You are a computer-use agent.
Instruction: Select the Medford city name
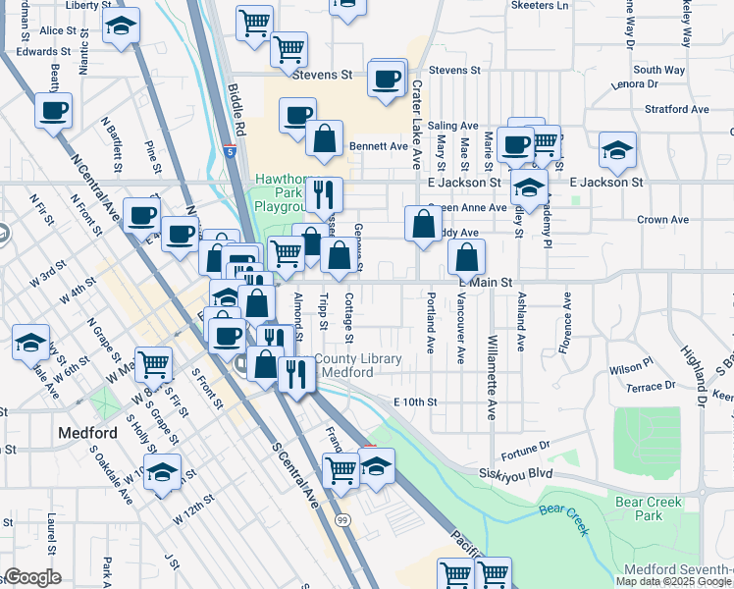(87, 433)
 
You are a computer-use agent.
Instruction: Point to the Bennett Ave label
(378, 146)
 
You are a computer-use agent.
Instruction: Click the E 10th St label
(414, 402)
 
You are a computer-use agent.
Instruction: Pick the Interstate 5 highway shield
(229, 151)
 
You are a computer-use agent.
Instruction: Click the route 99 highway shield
(341, 518)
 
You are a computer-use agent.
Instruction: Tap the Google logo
(32, 577)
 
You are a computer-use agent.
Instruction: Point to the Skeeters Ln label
(540, 5)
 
